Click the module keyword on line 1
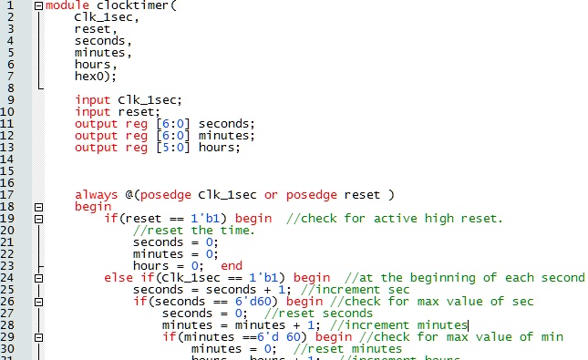(x=67, y=5)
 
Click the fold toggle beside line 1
(x=38, y=5)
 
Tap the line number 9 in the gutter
(x=9, y=100)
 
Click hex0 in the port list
(x=91, y=77)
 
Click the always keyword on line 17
(x=96, y=195)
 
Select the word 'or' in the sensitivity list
(x=272, y=195)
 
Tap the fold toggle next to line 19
(x=38, y=219)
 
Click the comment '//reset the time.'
(x=187, y=231)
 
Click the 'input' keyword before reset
(x=92, y=112)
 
